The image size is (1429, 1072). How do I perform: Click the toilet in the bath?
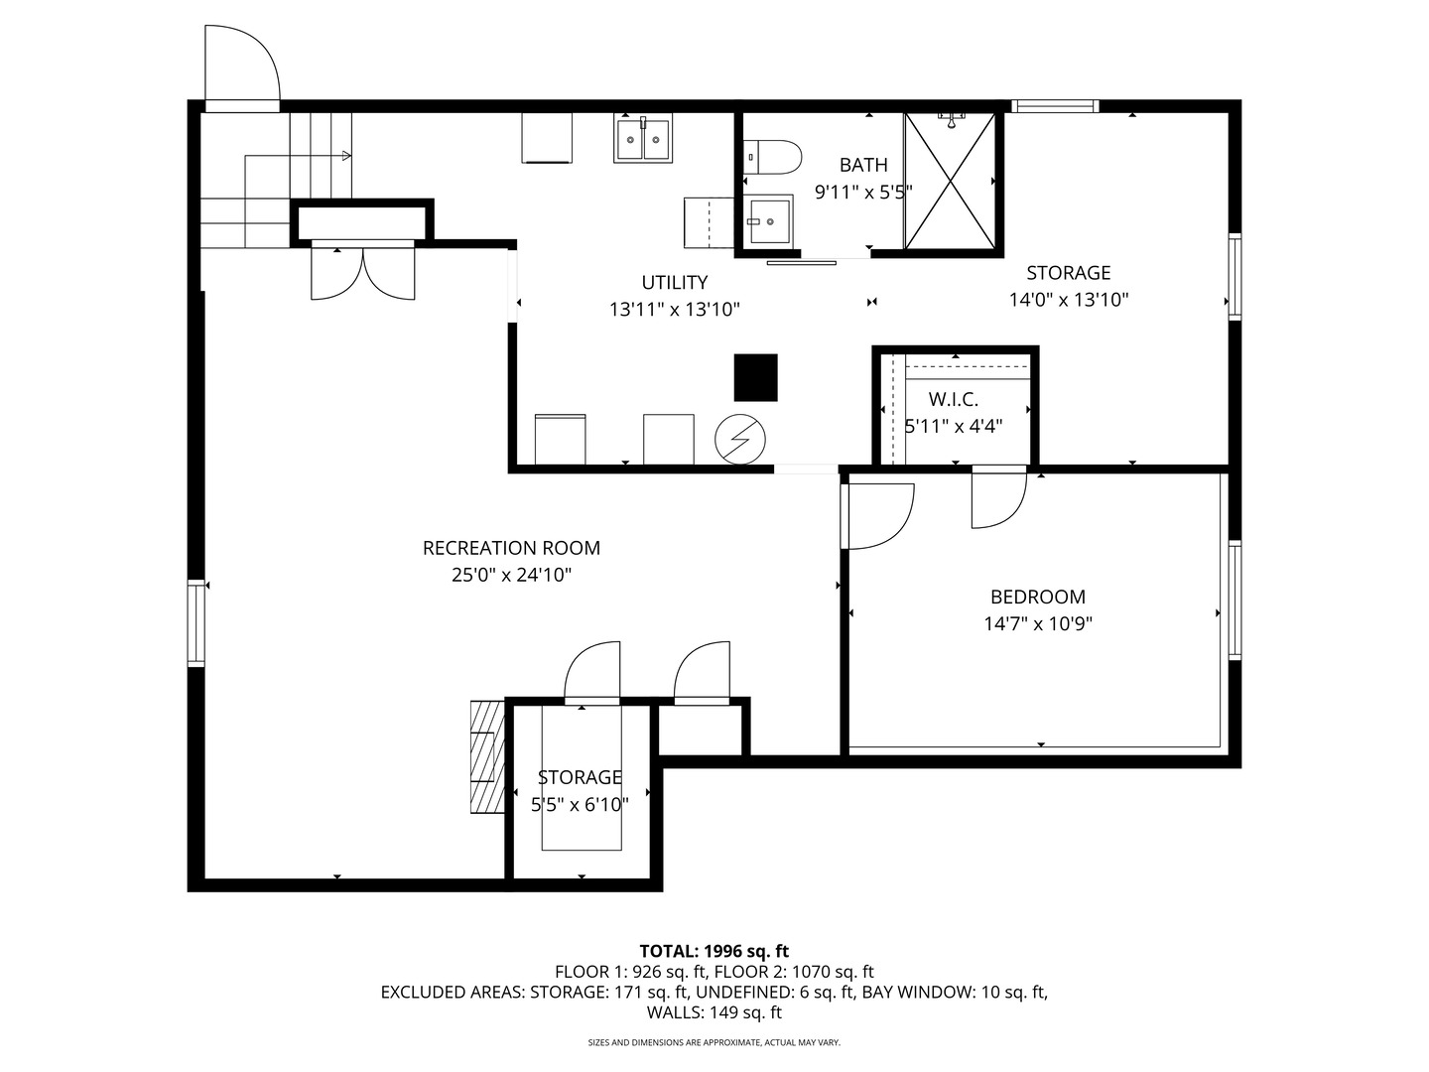click(x=775, y=156)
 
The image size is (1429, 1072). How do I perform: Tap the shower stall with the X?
click(x=949, y=180)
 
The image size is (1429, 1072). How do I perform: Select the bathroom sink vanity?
click(x=770, y=220)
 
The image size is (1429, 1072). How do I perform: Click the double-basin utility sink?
click(x=644, y=139)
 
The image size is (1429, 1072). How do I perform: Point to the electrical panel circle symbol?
click(x=740, y=438)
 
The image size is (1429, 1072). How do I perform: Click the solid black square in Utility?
click(x=755, y=377)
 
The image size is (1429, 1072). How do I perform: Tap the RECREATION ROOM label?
click(x=511, y=548)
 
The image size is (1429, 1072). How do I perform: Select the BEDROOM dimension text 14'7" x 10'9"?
click(x=1037, y=624)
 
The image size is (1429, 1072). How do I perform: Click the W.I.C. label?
click(x=953, y=399)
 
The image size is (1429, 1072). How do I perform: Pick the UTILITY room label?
click(x=674, y=283)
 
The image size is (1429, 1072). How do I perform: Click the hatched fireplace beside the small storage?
click(x=485, y=757)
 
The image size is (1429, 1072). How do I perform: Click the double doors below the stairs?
click(x=362, y=272)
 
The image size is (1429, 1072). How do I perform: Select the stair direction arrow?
click(x=344, y=155)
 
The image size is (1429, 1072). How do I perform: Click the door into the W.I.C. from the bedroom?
click(x=996, y=496)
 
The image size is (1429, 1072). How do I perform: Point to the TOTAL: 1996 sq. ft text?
click(x=714, y=951)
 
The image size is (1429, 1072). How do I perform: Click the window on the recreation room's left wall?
click(x=196, y=622)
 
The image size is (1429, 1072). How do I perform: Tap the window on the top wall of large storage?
click(x=1054, y=106)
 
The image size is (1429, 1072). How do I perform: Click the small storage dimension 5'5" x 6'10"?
click(x=580, y=805)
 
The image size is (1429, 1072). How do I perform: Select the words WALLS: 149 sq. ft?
click(x=714, y=1012)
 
